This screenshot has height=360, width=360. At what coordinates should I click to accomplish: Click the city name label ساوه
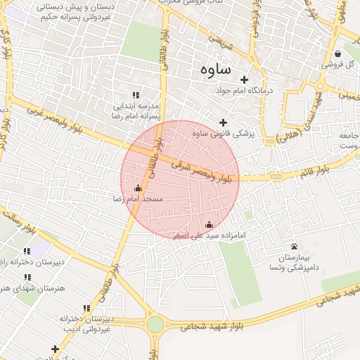coord(215,70)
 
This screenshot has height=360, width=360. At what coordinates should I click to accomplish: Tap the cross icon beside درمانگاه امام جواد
coord(245,79)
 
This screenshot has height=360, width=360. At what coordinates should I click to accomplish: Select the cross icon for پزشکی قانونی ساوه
coord(224,123)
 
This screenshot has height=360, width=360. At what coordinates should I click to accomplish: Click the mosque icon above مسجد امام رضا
coord(138,188)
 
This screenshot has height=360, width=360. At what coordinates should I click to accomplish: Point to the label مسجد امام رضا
coord(138,200)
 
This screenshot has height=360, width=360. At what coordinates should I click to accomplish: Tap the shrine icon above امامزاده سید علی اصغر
coord(208,225)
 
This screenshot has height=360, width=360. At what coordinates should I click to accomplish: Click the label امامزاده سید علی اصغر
coord(208,236)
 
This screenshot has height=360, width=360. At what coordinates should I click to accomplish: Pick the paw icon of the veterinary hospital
coord(294,246)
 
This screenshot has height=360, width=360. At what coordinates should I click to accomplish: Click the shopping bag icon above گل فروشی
coord(338,53)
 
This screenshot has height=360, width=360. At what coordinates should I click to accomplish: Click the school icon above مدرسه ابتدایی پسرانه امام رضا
coord(136,95)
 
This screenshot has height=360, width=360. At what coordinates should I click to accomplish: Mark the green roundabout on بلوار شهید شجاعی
coord(155,325)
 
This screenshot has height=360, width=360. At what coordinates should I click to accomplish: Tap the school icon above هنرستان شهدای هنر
coord(27,277)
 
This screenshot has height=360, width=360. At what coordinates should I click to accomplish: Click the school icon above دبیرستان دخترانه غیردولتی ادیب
coord(86,309)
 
